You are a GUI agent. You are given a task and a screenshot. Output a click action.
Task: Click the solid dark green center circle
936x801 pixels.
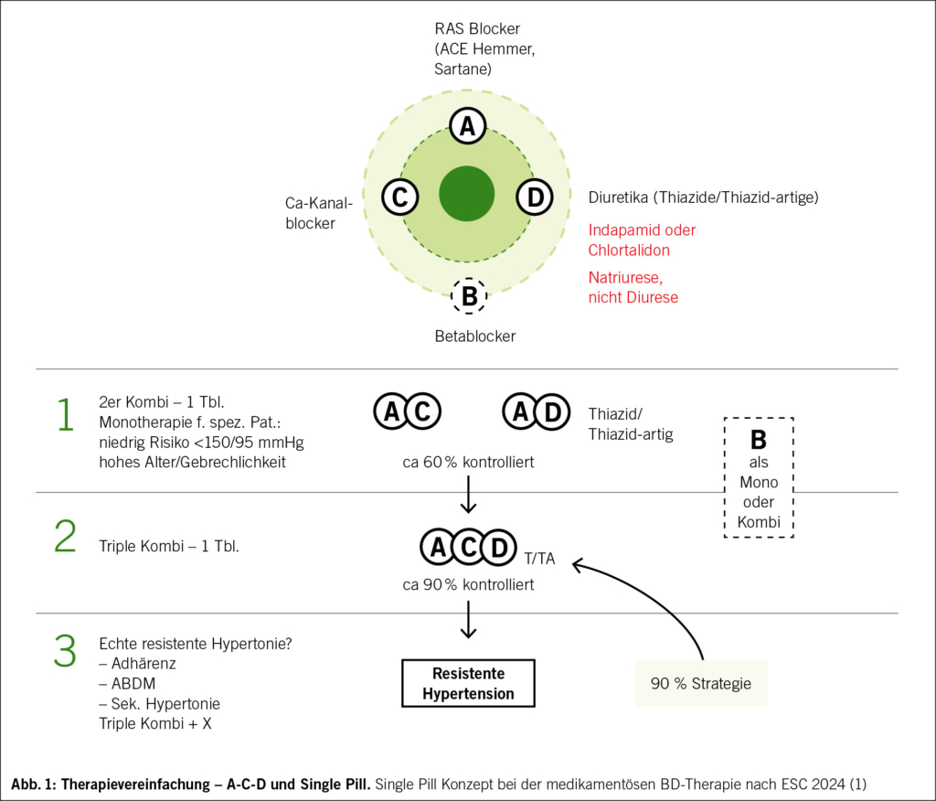(x=467, y=195)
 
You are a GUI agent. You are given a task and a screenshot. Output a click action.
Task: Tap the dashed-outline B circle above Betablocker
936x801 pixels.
(x=469, y=295)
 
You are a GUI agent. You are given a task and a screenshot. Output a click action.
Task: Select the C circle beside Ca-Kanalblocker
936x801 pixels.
(x=399, y=197)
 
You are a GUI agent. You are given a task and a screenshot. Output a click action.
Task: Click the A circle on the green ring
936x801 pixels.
(x=468, y=127)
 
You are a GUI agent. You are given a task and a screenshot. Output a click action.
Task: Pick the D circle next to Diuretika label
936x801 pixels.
(x=535, y=197)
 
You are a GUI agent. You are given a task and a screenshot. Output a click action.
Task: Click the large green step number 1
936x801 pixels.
(x=64, y=414)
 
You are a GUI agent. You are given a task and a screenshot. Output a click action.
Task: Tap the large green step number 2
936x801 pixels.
(x=65, y=537)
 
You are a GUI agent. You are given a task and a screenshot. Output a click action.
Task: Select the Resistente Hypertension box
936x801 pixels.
(x=468, y=683)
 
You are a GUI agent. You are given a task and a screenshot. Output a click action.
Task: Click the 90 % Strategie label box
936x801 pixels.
(x=701, y=682)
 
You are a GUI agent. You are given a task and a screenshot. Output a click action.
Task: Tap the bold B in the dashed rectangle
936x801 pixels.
(x=758, y=439)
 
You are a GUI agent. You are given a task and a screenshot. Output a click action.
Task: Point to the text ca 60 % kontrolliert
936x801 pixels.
(x=468, y=463)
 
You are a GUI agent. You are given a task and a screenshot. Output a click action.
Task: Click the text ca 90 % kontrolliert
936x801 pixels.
(x=468, y=584)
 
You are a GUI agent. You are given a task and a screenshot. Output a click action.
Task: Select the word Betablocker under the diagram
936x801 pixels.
(x=474, y=336)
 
